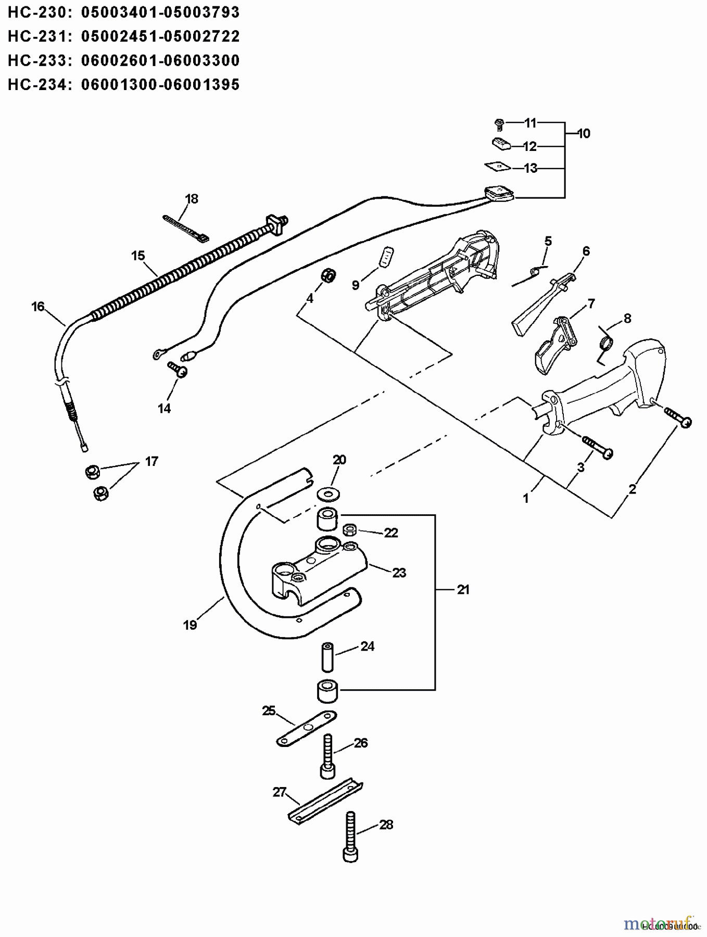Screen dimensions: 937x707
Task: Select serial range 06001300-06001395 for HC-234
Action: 160,85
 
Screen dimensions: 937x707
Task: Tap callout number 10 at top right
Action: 584,134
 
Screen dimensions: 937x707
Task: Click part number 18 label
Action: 192,199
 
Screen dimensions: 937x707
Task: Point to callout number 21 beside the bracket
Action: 463,589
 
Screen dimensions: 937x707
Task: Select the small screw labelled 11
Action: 499,124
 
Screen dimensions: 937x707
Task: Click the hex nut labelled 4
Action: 329,275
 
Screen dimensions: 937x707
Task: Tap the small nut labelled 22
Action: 350,530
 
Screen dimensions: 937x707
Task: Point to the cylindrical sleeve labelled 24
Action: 327,657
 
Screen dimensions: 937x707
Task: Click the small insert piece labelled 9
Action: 386,257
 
